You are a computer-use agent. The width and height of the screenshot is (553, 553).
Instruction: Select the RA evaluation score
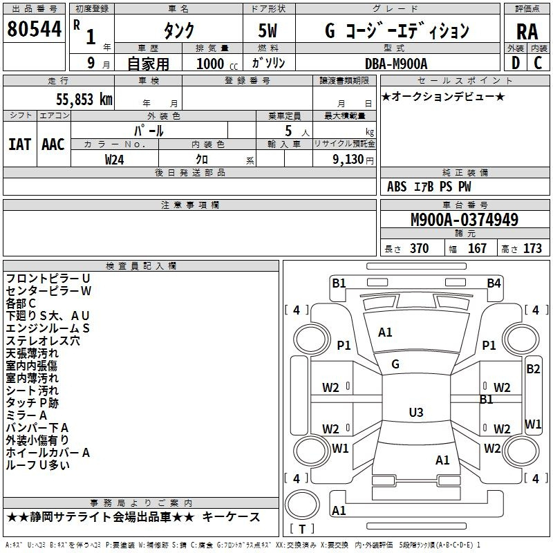(x=527, y=31)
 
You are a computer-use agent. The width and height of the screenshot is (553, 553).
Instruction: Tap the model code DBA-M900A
(x=396, y=64)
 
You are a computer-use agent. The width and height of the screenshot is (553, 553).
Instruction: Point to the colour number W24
(x=115, y=159)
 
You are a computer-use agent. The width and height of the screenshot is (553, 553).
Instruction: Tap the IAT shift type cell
(x=19, y=144)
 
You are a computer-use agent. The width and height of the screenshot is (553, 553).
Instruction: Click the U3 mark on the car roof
(x=415, y=413)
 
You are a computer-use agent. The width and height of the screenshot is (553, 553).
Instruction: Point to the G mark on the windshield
(x=395, y=364)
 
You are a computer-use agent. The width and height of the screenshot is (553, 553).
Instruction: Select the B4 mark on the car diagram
(x=493, y=283)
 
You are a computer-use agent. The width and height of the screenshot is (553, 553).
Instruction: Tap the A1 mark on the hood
(x=385, y=332)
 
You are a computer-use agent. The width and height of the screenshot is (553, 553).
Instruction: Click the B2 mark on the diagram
(x=533, y=369)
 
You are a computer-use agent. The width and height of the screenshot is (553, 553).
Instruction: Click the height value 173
(x=532, y=248)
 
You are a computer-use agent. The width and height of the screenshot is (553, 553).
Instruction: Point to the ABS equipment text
(x=397, y=187)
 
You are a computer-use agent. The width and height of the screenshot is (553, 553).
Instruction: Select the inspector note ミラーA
(x=26, y=415)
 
